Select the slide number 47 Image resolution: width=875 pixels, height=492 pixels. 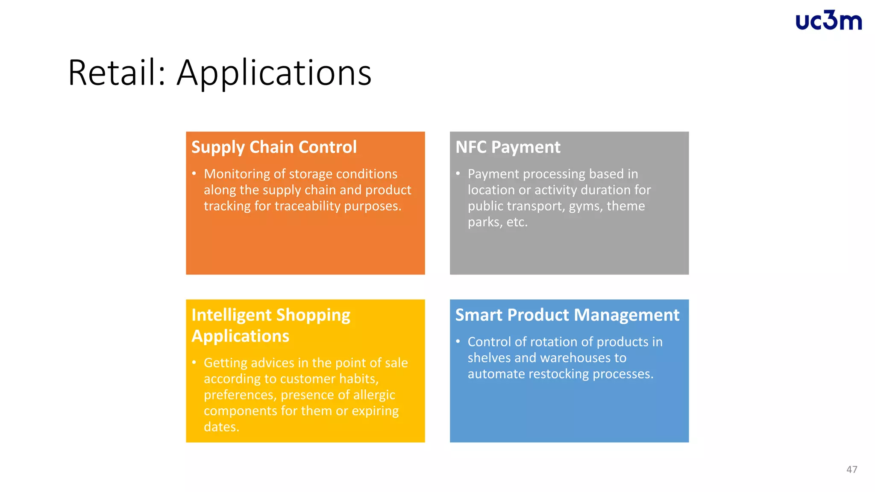pos(852,469)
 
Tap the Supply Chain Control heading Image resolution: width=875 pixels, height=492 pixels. pos(274,147)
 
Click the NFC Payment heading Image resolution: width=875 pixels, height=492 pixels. pos(508,147)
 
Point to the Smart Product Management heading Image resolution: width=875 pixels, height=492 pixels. pos(567,315)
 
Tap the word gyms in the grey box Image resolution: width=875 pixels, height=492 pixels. pos(586,206)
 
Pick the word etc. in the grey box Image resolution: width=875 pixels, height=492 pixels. pos(517,222)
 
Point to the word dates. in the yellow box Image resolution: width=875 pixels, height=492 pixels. pos(221,427)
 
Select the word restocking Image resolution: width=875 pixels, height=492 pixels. pos(559,374)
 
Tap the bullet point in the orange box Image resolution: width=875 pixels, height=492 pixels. pos(194,173)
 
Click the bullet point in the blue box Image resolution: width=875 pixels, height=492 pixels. pos(458,341)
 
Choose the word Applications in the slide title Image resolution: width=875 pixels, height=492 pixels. pos(274,73)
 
